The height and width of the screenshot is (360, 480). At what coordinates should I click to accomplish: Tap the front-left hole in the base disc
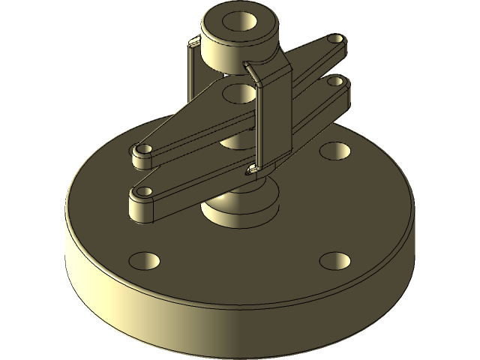pos(145,261)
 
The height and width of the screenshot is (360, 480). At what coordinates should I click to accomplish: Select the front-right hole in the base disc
pos(334,261)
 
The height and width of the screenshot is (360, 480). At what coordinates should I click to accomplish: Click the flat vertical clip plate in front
pos(274,120)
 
